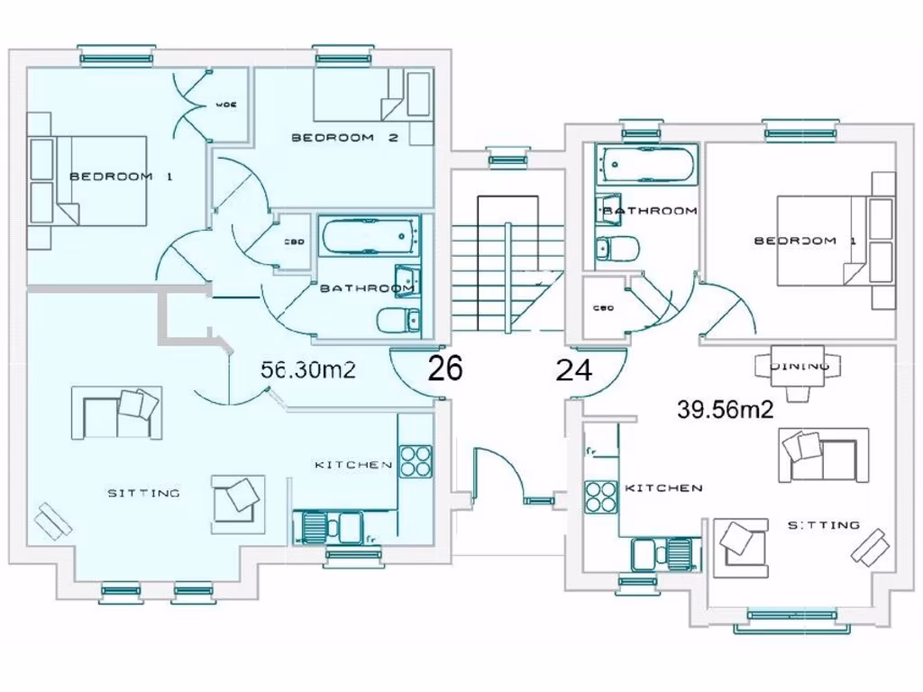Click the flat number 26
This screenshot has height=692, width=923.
point(445,369)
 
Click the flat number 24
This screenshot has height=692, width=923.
point(574,369)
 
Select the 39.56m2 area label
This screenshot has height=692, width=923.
point(726,409)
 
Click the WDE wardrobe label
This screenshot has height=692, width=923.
point(226,105)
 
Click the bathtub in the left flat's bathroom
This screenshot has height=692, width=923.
point(370,237)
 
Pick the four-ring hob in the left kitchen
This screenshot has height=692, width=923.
point(416,460)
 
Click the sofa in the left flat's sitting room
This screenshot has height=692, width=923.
point(117,413)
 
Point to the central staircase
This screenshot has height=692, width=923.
point(507,270)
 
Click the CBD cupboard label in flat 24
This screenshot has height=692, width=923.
point(603,308)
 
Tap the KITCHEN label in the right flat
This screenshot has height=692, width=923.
point(663,487)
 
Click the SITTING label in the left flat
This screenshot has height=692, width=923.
point(143,493)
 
